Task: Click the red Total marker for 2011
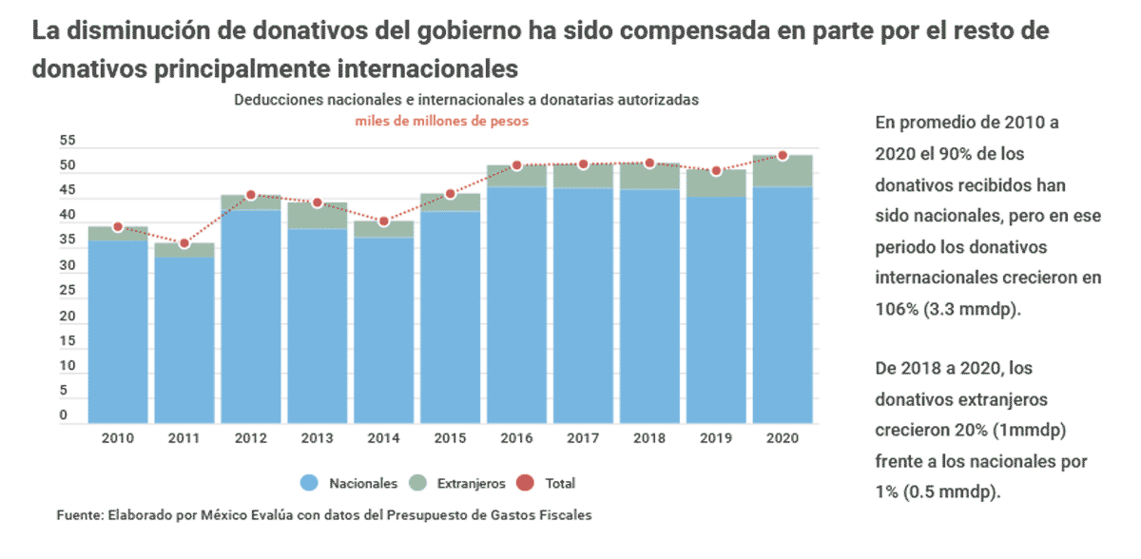click(x=184, y=244)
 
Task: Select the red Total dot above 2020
click(x=783, y=155)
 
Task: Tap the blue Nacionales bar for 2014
click(x=384, y=330)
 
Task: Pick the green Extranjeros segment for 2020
click(x=783, y=171)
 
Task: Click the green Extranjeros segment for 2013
click(x=318, y=216)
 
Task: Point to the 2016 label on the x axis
click(x=516, y=439)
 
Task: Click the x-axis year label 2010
click(x=118, y=439)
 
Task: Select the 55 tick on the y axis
click(x=68, y=141)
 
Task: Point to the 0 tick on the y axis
click(x=65, y=415)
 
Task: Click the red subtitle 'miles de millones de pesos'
click(x=442, y=122)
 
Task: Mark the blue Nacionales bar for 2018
click(x=649, y=306)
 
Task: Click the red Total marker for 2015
click(x=451, y=194)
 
